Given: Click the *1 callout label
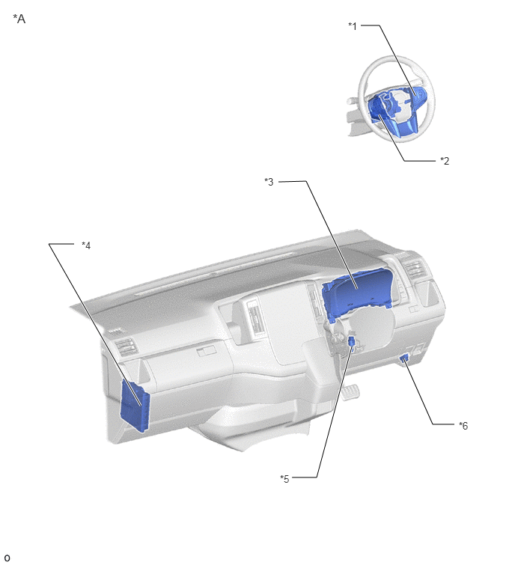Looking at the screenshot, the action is tap(353, 26).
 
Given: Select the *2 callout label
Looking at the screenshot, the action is tap(445, 161).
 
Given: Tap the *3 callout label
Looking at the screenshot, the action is tap(269, 182).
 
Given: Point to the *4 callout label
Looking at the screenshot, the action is tap(86, 245).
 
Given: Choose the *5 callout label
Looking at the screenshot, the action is tap(284, 479).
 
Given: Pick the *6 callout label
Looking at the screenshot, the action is tap(463, 426).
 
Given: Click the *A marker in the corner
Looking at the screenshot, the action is tap(19, 19).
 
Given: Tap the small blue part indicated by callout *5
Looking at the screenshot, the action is tap(352, 340).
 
